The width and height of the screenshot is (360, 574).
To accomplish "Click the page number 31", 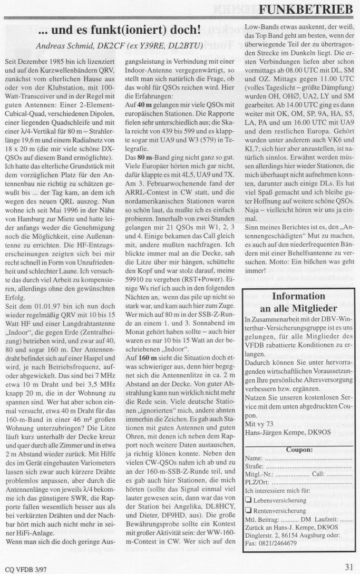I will click(x=349, y=567).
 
